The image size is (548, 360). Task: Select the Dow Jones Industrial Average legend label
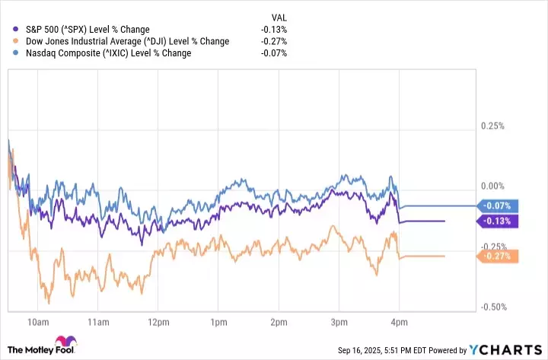121,41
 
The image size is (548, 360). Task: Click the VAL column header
279,16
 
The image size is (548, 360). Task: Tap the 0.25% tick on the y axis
493,126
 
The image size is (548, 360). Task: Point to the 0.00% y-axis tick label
493,186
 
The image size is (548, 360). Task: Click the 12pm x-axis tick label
158,320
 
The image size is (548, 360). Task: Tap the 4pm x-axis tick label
399,320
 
